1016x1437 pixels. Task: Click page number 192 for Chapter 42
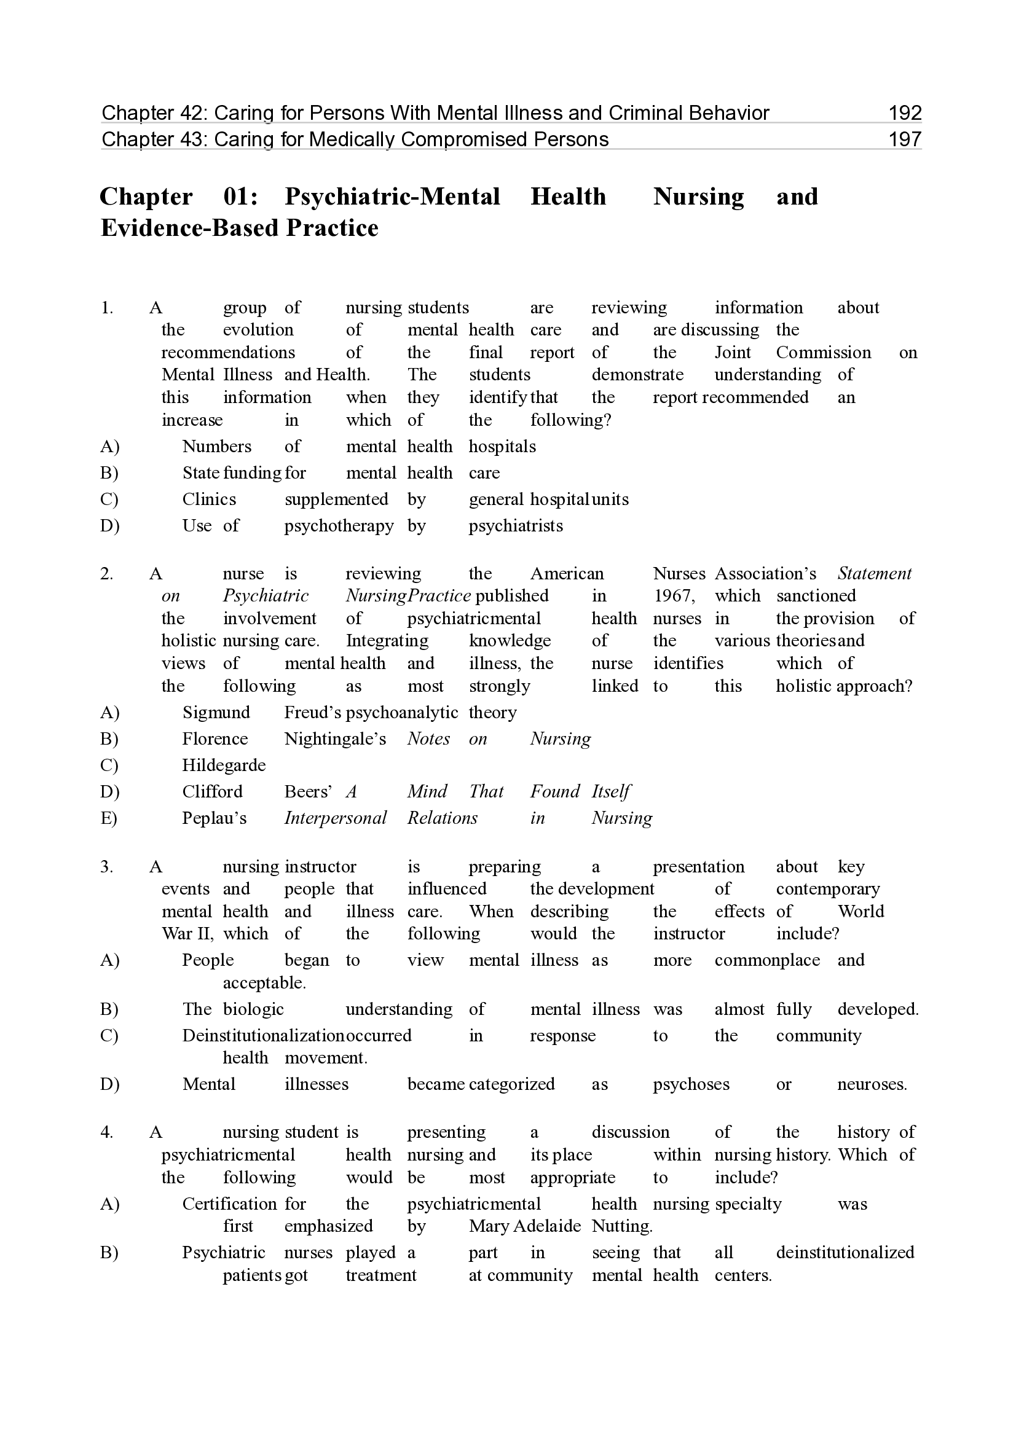[x=905, y=113]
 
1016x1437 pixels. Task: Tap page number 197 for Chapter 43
[x=905, y=139]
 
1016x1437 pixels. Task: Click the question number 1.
[x=106, y=308]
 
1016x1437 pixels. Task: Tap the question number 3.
[x=106, y=867]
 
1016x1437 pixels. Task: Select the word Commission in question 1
[x=823, y=353]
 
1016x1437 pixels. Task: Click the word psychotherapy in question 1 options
[x=339, y=526]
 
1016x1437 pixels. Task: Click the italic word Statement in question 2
[x=875, y=574]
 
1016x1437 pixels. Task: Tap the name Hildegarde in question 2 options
[x=224, y=765]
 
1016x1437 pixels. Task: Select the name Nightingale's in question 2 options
[x=335, y=739]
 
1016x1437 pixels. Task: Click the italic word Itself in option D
[x=611, y=792]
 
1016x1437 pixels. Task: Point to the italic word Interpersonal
[x=336, y=818]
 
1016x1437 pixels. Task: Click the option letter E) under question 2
[x=109, y=818]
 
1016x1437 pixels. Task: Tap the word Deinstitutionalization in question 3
[x=263, y=1036]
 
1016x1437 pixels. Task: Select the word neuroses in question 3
[x=872, y=1084]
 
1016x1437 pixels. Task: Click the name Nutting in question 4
[x=621, y=1226]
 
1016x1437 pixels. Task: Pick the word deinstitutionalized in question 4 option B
[x=845, y=1253]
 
